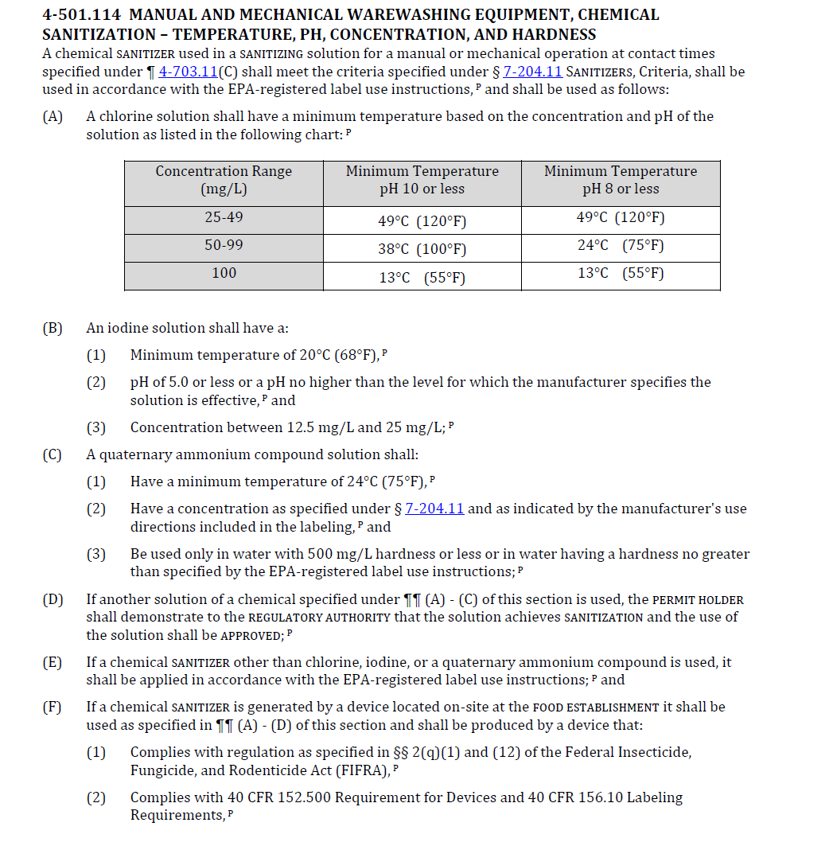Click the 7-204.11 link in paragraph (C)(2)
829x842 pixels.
(x=434, y=509)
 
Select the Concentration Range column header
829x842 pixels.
(x=224, y=180)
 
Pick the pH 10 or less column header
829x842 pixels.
(x=422, y=180)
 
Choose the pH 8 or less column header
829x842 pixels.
(x=620, y=180)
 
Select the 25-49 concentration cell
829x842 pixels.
(x=224, y=217)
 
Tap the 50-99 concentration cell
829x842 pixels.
(x=224, y=245)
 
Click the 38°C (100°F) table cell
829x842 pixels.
(x=422, y=249)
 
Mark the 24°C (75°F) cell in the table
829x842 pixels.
(x=620, y=245)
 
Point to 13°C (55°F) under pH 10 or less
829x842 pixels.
(x=422, y=277)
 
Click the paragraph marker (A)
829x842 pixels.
(x=53, y=116)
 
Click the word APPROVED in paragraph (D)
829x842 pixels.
(x=251, y=635)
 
